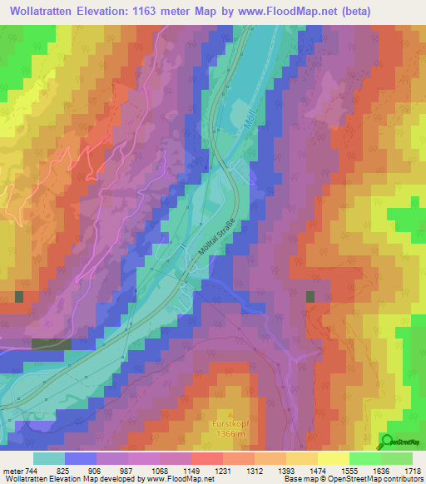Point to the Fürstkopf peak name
tap(230, 422)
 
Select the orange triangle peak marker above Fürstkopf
tap(230, 412)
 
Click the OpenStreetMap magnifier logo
tap(387, 442)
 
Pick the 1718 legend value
tap(414, 471)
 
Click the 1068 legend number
tap(161, 471)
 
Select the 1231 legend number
tap(223, 471)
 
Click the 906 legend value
tap(97, 471)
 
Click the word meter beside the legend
tap(12, 471)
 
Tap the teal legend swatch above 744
tap(49, 458)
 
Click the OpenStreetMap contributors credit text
tap(375, 479)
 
